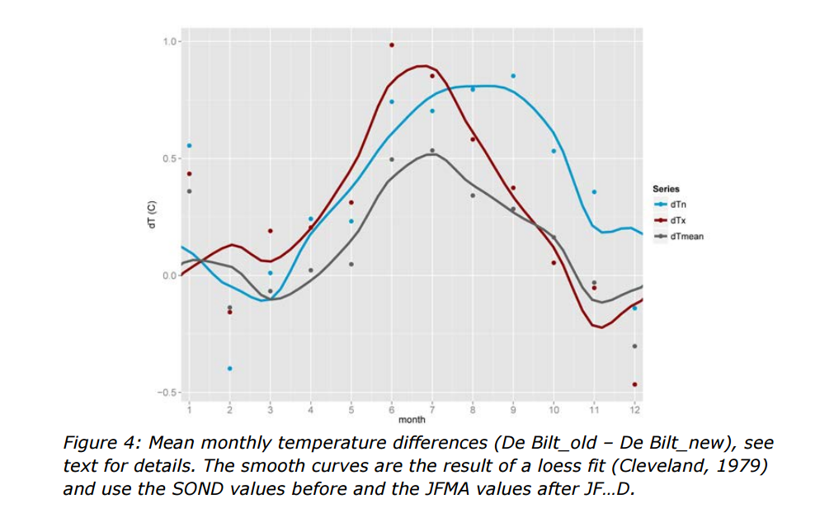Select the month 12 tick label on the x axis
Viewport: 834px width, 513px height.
634,409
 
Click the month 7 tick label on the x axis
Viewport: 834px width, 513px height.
431,409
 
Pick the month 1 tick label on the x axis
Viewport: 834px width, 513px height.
189,409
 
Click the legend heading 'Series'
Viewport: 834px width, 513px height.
666,189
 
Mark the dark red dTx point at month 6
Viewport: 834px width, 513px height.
392,45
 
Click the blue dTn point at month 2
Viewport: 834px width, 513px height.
229,368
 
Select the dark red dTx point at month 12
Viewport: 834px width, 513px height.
634,384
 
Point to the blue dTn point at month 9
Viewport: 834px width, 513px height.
513,76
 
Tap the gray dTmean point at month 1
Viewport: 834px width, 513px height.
189,191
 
